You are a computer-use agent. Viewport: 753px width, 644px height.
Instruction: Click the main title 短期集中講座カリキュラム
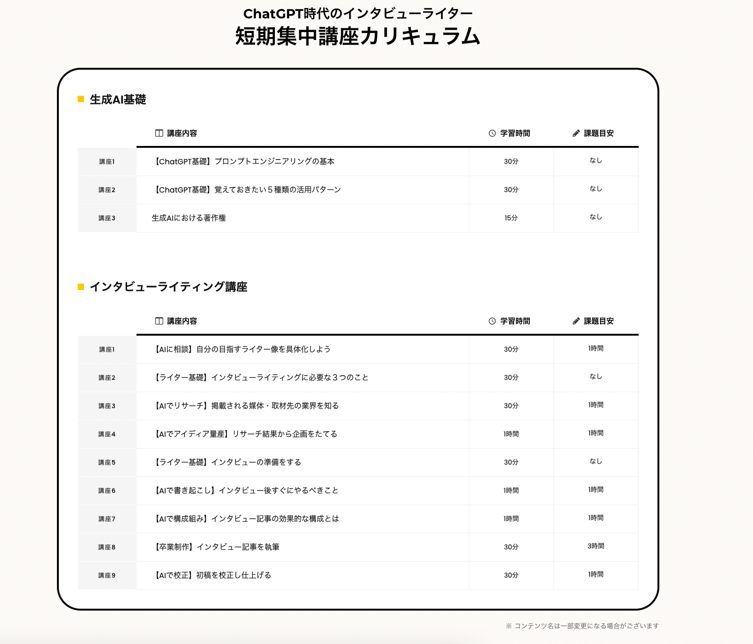[358, 36]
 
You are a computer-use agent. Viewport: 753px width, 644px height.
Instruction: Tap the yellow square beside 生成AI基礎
[81, 99]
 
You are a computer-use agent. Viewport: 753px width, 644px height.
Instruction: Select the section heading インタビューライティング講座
[168, 287]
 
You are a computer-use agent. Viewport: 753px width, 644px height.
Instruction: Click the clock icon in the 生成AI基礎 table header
[492, 133]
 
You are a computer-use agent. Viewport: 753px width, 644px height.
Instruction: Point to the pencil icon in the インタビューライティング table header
[576, 321]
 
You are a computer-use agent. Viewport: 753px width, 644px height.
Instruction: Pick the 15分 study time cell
[511, 218]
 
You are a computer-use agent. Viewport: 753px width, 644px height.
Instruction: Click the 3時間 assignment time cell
[596, 546]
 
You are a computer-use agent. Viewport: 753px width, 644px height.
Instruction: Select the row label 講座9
[107, 575]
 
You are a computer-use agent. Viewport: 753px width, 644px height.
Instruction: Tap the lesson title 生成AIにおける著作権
[189, 218]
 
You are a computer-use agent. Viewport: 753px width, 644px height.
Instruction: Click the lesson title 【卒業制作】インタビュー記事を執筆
[217, 547]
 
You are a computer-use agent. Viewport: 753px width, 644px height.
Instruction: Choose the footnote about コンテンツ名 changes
[583, 626]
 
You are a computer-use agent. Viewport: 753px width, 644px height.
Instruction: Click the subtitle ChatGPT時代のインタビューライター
[358, 14]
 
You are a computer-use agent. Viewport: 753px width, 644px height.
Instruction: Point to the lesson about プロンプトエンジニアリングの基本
[244, 161]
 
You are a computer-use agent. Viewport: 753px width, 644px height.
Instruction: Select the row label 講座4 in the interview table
[107, 434]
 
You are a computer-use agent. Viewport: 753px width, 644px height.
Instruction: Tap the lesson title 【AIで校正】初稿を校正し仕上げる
[213, 575]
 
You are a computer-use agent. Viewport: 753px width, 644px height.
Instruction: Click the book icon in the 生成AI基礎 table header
[159, 133]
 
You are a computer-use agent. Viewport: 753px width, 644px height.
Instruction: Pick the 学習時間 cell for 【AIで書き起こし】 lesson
[511, 491]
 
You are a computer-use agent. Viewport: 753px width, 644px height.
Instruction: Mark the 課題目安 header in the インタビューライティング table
[599, 321]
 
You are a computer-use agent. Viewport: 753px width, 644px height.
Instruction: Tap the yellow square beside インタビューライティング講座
[81, 287]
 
